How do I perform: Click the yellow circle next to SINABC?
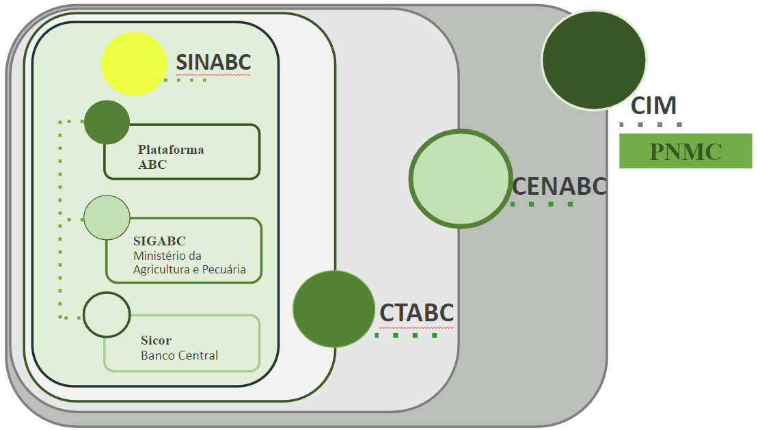pyautogui.click(x=135, y=64)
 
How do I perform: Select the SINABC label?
pyautogui.click(x=214, y=62)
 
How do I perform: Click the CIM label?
pyautogui.click(x=653, y=106)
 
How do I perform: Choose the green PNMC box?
pyautogui.click(x=686, y=151)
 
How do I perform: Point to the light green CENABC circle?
pyautogui.click(x=461, y=178)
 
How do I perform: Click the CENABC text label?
pyautogui.click(x=559, y=186)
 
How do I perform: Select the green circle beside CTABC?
pyautogui.click(x=334, y=309)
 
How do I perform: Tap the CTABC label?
pyautogui.click(x=417, y=312)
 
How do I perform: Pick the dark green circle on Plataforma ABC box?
pyautogui.click(x=107, y=122)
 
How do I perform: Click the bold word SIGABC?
pyautogui.click(x=159, y=241)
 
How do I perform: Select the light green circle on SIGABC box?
pyautogui.click(x=107, y=217)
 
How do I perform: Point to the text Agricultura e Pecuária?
pyautogui.click(x=189, y=270)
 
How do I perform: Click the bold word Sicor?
pyautogui.click(x=156, y=340)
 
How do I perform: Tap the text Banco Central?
pyautogui.click(x=180, y=355)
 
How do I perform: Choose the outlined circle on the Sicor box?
pyautogui.click(x=107, y=314)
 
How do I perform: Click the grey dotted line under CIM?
pyautogui.click(x=651, y=125)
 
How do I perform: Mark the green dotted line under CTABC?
pyautogui.click(x=406, y=335)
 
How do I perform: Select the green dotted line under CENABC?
pyautogui.click(x=541, y=204)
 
